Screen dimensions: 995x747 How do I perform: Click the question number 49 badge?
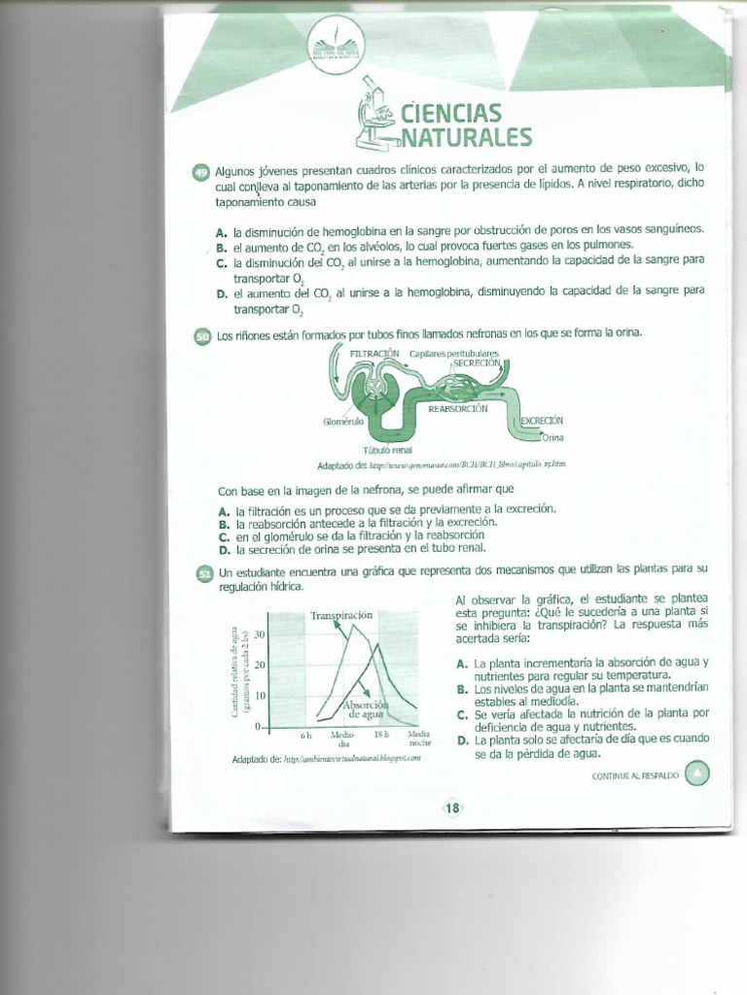[x=201, y=172]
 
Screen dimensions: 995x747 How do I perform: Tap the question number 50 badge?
[x=202, y=336]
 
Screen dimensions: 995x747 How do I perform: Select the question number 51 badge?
[x=204, y=574]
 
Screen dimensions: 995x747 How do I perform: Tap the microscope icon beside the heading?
[x=375, y=116]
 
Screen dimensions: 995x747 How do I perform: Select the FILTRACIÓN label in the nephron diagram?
[x=374, y=352]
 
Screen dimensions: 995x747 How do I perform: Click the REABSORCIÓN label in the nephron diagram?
[x=458, y=410]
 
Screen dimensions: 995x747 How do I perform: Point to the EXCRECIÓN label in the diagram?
[x=542, y=421]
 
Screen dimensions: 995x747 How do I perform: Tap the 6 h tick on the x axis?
[x=305, y=736]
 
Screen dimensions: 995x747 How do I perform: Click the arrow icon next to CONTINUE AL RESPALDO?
[x=697, y=773]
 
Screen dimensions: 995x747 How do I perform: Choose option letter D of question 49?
[x=223, y=292]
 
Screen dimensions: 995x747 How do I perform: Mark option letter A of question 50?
[x=224, y=510]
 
